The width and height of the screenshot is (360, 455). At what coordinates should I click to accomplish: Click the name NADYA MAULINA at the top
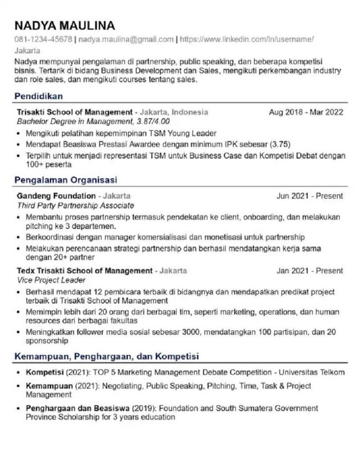click(65, 25)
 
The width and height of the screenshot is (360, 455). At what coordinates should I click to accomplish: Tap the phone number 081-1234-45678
click(43, 39)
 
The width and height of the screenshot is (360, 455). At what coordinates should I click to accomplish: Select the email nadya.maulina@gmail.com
click(126, 39)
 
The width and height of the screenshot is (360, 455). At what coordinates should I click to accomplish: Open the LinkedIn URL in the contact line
click(247, 39)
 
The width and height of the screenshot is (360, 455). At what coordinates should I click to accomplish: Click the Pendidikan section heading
click(39, 96)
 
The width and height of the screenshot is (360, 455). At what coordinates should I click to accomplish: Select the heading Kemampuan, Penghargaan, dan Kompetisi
click(106, 355)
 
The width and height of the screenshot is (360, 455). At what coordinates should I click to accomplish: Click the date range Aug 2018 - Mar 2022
click(305, 112)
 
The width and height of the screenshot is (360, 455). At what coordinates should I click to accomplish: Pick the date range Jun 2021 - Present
click(309, 196)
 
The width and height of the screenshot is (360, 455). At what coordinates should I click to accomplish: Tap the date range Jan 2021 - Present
click(309, 271)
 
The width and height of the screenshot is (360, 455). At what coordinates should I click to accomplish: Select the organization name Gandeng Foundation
click(56, 196)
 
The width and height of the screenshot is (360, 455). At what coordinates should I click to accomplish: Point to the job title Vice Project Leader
click(45, 281)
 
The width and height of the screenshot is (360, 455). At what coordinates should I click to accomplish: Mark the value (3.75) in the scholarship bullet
click(280, 144)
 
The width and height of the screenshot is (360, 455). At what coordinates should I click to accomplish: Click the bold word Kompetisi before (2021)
click(45, 372)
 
